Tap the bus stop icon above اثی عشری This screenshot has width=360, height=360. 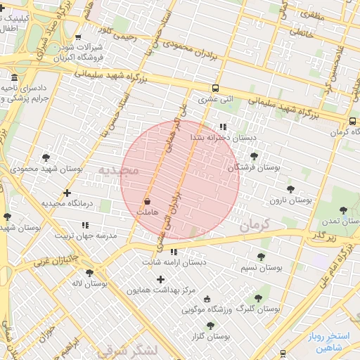coord(215,89)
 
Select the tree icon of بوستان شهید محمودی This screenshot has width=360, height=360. coord(46,157)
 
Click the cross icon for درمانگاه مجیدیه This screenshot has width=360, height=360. coord(67,192)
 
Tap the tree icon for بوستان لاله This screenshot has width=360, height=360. coord(90,272)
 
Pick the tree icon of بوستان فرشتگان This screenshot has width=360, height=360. coord(254,156)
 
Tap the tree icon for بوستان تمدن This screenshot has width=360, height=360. coord(343,210)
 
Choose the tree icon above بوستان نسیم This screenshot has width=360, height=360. coord(262,257)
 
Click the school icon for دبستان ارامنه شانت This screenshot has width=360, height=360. coord(174,252)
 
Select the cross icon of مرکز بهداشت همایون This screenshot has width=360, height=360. coord(160,279)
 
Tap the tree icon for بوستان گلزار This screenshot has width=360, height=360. coord(210,326)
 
